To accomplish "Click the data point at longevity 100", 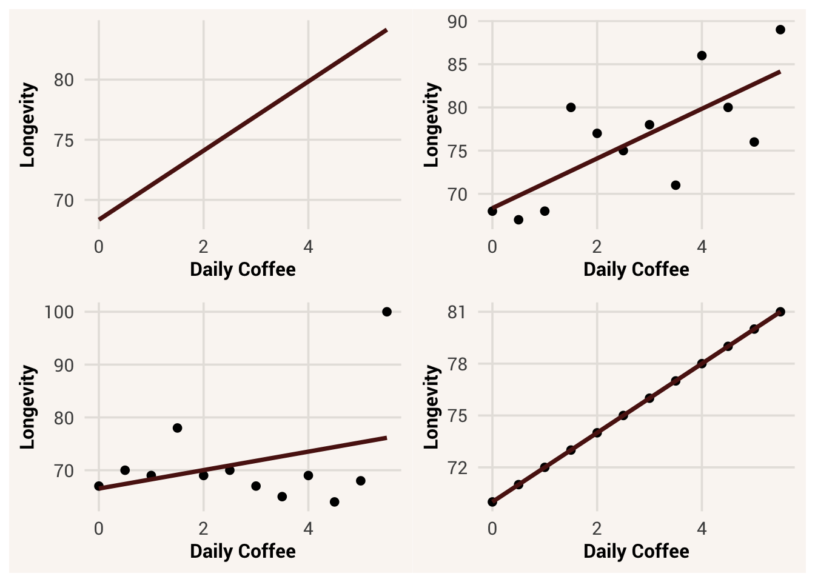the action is pos(387,312).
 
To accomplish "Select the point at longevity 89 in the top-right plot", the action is pos(780,30).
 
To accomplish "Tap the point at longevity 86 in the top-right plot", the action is pos(702,56).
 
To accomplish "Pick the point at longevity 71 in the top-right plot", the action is pos(676,185).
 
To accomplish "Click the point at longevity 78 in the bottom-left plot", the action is pos(177,428).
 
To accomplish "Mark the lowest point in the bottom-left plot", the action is pos(334,502).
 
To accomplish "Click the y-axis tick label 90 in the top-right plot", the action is pos(457,22).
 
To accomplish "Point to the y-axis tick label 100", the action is pos(59,312).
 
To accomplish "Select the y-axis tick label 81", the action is pos(457,312).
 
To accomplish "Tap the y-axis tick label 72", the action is pos(457,468).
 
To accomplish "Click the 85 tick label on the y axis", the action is pos(457,65).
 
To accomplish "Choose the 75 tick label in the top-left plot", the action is pos(64,140).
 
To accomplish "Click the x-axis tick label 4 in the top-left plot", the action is pos(308,247).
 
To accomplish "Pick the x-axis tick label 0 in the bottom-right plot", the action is pos(492,529).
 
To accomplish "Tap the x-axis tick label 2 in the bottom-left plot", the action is pos(203,529).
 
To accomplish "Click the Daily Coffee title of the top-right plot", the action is pos(636,270).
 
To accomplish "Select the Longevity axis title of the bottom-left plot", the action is pos(28,407).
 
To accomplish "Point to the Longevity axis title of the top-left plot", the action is pos(28,125).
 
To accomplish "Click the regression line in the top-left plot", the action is pos(243,125).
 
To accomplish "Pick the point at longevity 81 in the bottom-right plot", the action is pos(780,312).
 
